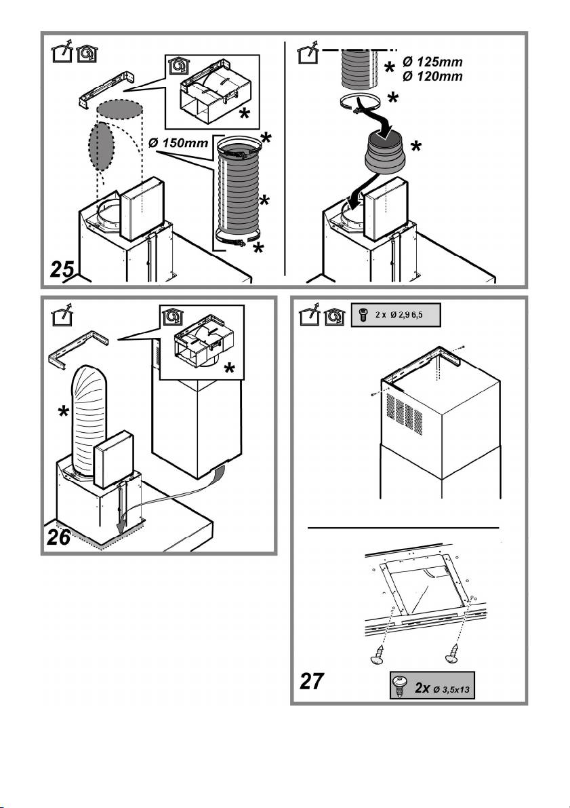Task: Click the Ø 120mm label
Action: tap(431, 77)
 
